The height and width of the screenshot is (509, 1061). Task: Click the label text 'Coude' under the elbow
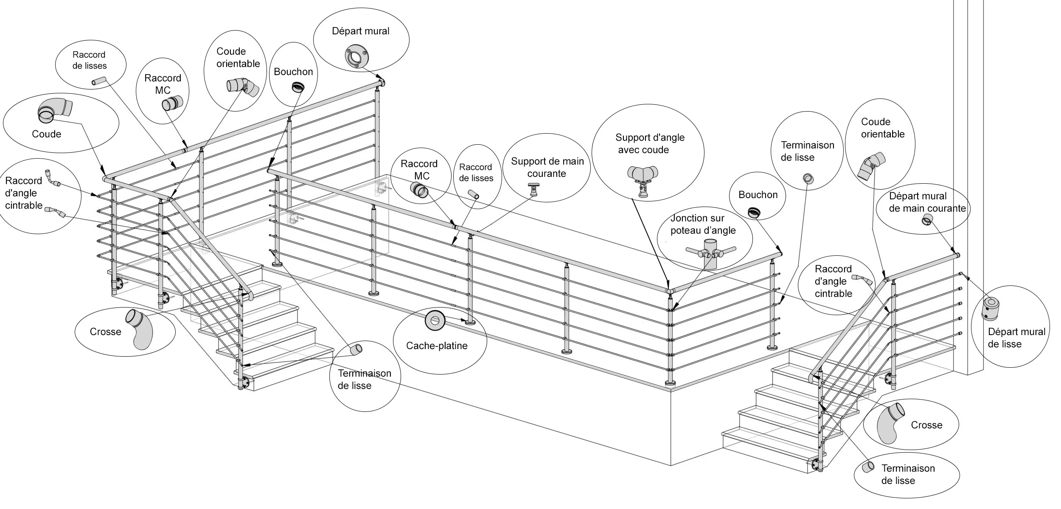(x=46, y=134)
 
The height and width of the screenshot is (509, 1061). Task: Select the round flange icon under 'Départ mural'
(x=356, y=56)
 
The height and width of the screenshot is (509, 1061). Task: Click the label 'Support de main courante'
(x=547, y=167)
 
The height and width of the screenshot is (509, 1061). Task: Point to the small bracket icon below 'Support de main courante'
(x=533, y=190)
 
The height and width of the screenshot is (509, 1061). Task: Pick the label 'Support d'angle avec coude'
(x=649, y=143)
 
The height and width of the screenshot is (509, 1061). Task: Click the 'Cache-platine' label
(x=437, y=346)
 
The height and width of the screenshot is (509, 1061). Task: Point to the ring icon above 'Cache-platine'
(x=435, y=321)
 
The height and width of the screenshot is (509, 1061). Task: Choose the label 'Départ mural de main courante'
(x=927, y=202)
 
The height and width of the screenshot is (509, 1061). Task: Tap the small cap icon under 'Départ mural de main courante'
(x=927, y=220)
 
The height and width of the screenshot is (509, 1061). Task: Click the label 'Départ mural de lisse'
(x=1016, y=338)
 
